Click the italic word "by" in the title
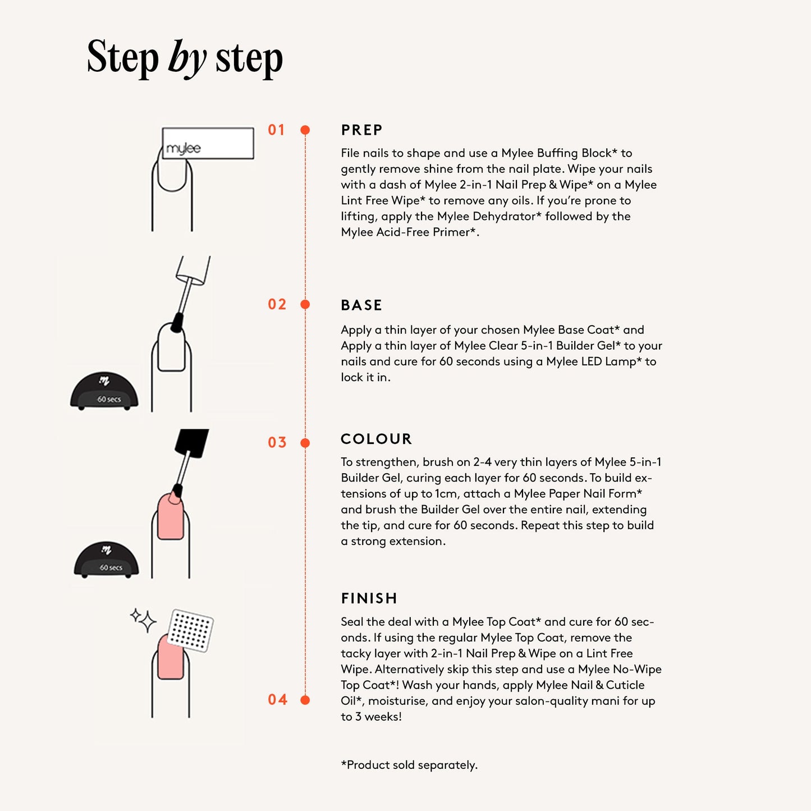click(187, 58)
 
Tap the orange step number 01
click(277, 130)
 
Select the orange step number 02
click(277, 304)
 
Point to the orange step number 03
click(277, 442)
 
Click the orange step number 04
click(277, 699)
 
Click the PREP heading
click(361, 130)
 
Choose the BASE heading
click(361, 305)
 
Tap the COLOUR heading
click(376, 439)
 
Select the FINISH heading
click(369, 598)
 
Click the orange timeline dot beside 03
click(305, 443)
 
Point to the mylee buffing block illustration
click(208, 143)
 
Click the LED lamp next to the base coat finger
click(104, 391)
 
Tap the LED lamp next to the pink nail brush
click(106, 560)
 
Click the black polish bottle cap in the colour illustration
click(191, 443)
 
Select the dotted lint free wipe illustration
click(190, 630)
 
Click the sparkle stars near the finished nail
click(143, 620)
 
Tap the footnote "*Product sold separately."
click(409, 765)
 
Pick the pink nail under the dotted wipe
click(171, 657)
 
